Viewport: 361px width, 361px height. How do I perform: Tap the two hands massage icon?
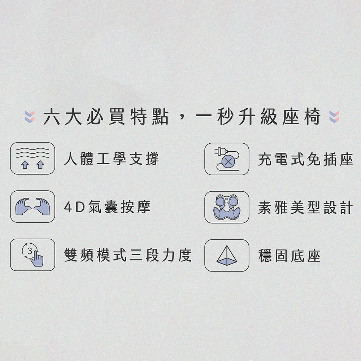tap(32, 206)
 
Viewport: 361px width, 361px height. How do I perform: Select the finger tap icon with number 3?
tap(32, 255)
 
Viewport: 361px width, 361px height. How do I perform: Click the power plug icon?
tap(227, 159)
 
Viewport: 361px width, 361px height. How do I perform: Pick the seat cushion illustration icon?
tap(227, 207)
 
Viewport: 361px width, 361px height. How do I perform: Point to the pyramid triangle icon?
tap(227, 255)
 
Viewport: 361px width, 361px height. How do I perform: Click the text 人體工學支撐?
tap(111, 158)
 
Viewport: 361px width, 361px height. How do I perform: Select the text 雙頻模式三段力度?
tap(127, 255)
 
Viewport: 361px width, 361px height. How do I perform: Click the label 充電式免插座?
tap(305, 159)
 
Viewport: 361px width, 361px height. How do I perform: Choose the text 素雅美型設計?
tap(305, 207)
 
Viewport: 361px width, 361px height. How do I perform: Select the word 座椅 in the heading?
tap(301, 117)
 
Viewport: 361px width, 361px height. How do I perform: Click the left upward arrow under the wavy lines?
tap(25, 165)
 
